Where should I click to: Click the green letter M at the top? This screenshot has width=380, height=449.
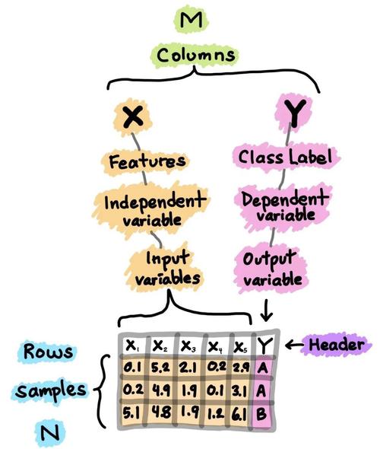pyautogui.click(x=192, y=21)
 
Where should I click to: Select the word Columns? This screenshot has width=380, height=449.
pyautogui.click(x=195, y=55)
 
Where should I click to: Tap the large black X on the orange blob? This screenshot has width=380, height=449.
pyautogui.click(x=133, y=117)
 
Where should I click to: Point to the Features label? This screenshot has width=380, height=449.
pyautogui.click(x=147, y=161)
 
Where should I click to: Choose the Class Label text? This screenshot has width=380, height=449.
pyautogui.click(x=285, y=158)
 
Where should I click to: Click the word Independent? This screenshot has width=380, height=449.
pyautogui.click(x=155, y=201)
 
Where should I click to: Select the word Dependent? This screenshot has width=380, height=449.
pyautogui.click(x=283, y=199)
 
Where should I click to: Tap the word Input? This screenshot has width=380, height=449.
pyautogui.click(x=167, y=258)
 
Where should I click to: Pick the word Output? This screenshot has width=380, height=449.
pyautogui.click(x=268, y=260)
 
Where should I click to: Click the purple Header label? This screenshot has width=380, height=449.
pyautogui.click(x=337, y=345)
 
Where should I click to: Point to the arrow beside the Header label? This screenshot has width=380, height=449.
pyautogui.click(x=295, y=345)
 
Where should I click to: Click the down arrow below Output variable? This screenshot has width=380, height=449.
pyautogui.click(x=267, y=310)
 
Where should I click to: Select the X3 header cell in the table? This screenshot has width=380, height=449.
pyautogui.click(x=188, y=346)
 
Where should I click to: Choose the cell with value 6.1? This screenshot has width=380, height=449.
pyautogui.click(x=240, y=414)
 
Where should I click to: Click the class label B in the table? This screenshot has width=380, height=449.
pyautogui.click(x=261, y=414)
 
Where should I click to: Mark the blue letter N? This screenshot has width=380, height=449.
pyautogui.click(x=49, y=433)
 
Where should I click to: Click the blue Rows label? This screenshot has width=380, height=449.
pyautogui.click(x=48, y=352)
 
